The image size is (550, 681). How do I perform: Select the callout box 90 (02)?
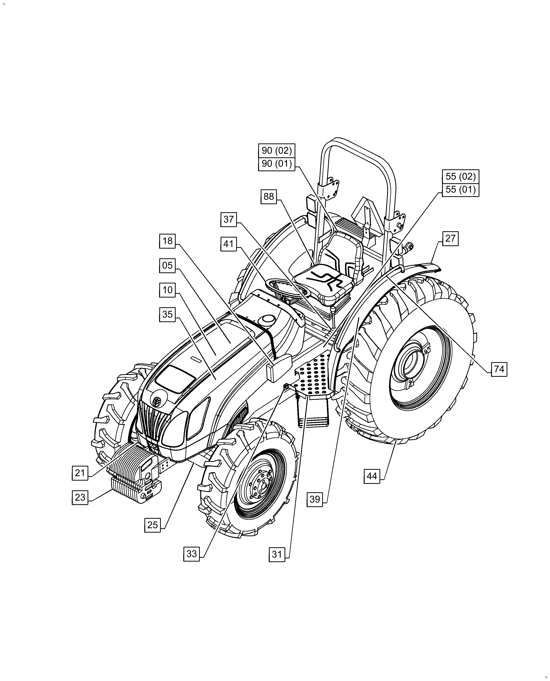[277, 151]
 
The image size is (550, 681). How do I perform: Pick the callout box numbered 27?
[450, 238]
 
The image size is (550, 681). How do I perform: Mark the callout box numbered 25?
[152, 525]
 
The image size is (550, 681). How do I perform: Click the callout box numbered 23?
[80, 497]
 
